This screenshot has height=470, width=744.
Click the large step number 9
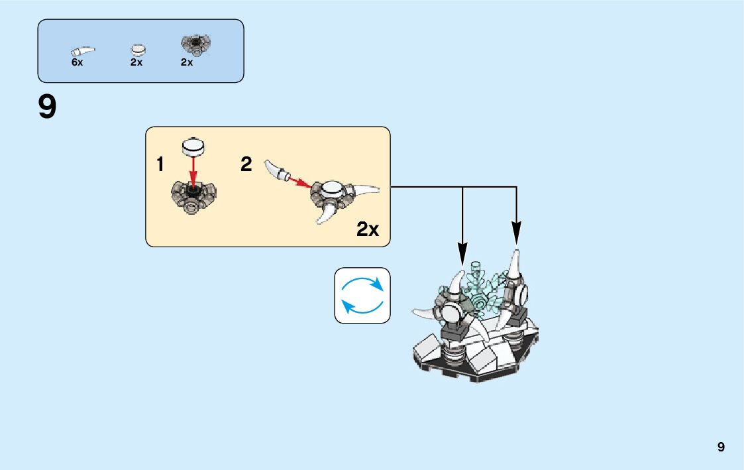point(47,108)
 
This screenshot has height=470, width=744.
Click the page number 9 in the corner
point(721,447)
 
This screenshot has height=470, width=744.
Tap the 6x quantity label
point(77,62)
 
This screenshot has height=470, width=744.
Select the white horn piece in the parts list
point(83,50)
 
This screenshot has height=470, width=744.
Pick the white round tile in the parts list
point(138,50)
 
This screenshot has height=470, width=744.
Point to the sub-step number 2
point(246,165)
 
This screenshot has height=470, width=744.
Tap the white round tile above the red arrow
point(193,147)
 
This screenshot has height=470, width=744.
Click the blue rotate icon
point(362,295)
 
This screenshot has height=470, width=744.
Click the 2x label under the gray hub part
point(187,62)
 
